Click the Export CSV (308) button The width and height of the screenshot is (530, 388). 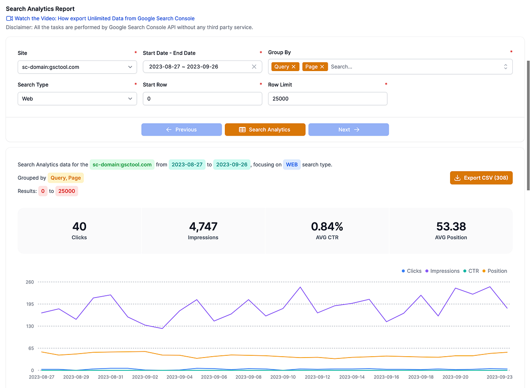click(x=481, y=178)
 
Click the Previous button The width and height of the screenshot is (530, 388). click(x=182, y=129)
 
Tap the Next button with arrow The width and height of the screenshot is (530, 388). click(x=348, y=129)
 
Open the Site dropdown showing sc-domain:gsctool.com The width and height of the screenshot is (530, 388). click(x=77, y=67)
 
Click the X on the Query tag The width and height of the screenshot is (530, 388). click(x=294, y=67)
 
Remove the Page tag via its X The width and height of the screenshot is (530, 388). click(x=322, y=67)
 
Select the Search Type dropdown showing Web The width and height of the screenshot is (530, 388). click(x=77, y=98)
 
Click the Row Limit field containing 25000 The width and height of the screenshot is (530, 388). click(x=327, y=98)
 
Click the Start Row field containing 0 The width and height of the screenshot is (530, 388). click(x=202, y=98)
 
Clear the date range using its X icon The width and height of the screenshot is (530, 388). click(x=254, y=67)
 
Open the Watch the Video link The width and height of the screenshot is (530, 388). click(x=104, y=19)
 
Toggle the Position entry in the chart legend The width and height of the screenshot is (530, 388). click(x=494, y=271)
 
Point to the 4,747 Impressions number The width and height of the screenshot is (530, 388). click(x=203, y=226)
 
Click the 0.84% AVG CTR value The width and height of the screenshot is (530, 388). click(x=327, y=226)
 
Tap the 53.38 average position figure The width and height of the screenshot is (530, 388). click(x=450, y=226)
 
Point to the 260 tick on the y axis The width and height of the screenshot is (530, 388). click(x=30, y=282)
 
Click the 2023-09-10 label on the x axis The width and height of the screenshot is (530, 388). click(x=283, y=377)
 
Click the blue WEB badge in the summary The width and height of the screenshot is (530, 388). click(x=291, y=165)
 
